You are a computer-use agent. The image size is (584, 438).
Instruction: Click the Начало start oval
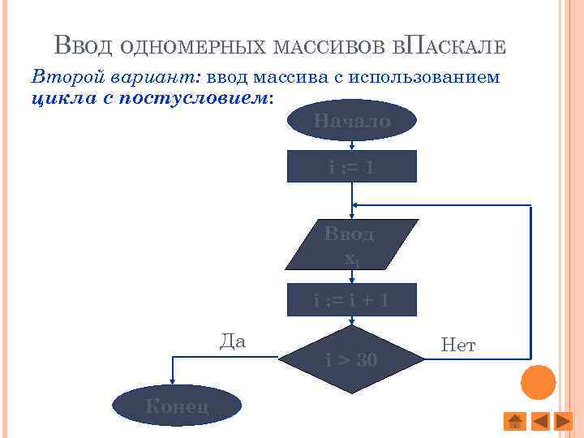click(351, 121)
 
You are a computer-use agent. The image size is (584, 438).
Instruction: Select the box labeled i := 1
click(351, 168)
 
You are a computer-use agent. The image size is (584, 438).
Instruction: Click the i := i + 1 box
click(351, 300)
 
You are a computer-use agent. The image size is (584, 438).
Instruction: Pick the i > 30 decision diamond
click(351, 359)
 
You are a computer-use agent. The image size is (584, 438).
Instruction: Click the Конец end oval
click(177, 406)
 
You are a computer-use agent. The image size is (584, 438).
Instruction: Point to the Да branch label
click(233, 341)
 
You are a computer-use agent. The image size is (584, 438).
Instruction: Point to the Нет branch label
click(458, 346)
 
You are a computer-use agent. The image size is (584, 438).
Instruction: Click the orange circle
click(538, 381)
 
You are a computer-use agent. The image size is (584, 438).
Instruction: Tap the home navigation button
click(513, 421)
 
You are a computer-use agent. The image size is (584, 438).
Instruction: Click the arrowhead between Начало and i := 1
click(351, 147)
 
